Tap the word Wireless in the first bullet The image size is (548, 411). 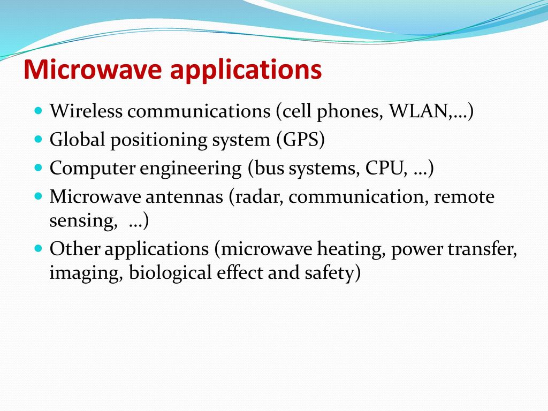click(86, 111)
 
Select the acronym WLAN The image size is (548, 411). click(418, 111)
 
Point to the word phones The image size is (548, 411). click(347, 112)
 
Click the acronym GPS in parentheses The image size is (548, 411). click(301, 140)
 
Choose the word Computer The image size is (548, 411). click(92, 169)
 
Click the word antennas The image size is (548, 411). click(184, 197)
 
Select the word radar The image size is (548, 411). click(258, 196)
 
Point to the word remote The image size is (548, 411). click(464, 197)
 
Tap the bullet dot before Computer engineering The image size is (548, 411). click(38, 168)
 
